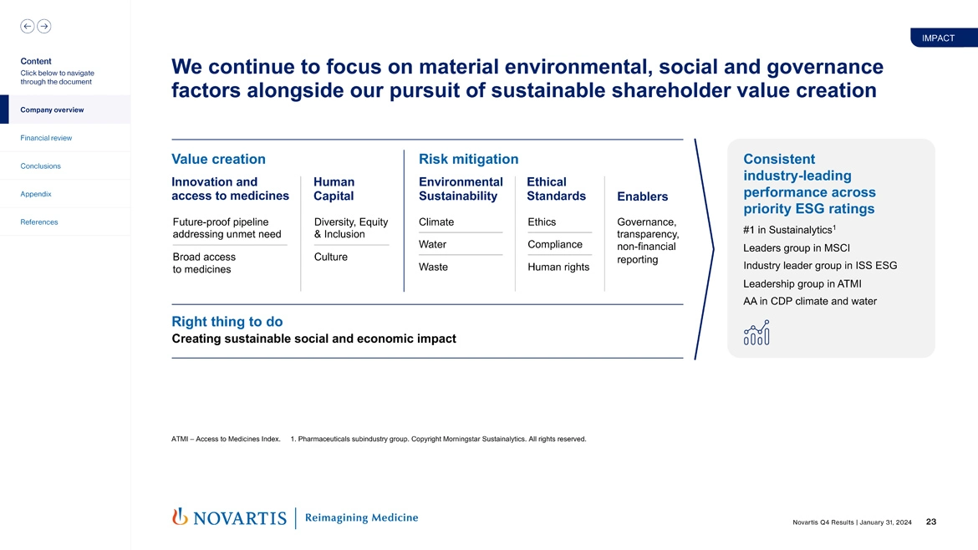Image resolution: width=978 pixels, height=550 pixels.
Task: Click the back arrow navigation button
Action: pos(27,26)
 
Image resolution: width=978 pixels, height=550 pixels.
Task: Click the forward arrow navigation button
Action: pos(43,26)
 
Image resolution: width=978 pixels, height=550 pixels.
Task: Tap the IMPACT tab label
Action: pos(938,38)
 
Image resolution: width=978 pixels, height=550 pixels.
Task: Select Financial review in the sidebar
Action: pos(46,138)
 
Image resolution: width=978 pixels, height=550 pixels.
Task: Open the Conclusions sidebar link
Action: pos(41,166)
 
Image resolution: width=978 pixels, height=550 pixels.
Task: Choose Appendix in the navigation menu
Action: pos(36,194)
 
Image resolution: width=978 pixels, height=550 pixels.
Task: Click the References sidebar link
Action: pos(39,222)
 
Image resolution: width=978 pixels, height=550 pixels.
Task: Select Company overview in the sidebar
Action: pos(52,109)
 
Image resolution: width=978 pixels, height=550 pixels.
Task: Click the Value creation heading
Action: pos(218,159)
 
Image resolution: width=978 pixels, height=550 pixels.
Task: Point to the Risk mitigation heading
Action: pos(468,159)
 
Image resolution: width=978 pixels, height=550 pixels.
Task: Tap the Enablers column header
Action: pos(642,196)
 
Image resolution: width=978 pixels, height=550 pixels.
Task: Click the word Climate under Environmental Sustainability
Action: pos(436,222)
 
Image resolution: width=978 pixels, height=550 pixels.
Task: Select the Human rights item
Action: pos(558,267)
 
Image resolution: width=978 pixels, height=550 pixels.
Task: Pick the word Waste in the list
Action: pos(433,267)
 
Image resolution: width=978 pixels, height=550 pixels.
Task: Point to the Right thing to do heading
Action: pos(227,322)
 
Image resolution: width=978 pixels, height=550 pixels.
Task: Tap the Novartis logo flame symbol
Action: pos(179,517)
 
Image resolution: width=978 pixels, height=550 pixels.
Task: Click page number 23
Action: pos(930,522)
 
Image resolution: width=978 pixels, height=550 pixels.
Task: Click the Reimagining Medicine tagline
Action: pos(361,517)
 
